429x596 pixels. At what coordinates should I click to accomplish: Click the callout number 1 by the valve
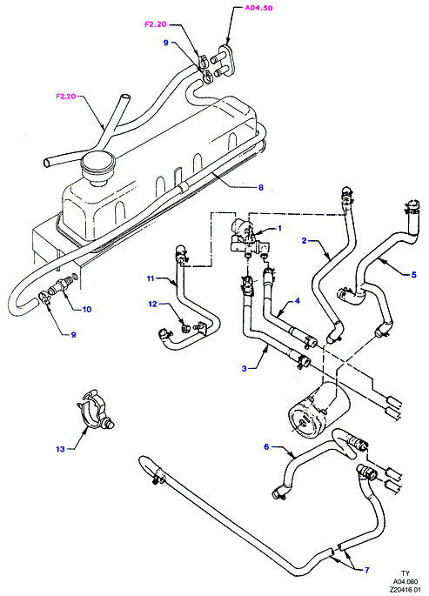279,228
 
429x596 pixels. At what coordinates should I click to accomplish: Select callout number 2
304,240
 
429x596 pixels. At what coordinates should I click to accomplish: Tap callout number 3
245,368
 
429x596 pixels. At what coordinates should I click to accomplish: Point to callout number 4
297,301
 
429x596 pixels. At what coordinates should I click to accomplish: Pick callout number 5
414,274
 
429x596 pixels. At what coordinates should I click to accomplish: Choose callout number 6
266,446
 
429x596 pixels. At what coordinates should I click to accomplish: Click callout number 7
366,570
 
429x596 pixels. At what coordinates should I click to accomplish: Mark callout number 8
261,187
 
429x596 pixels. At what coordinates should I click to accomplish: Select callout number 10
87,310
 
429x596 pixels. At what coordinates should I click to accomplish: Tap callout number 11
151,278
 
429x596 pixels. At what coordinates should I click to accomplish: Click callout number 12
152,305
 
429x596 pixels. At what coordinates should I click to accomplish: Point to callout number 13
60,449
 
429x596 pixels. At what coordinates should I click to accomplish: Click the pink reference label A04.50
258,8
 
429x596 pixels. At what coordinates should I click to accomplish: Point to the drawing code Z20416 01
406,590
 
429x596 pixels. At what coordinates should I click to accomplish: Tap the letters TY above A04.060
406,573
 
